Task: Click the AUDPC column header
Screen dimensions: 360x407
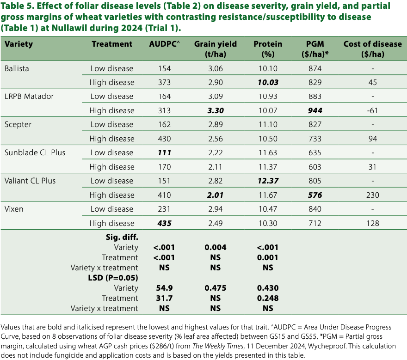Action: [164, 44]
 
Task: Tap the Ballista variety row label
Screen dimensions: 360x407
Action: [17, 68]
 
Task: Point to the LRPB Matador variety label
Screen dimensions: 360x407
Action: [29, 97]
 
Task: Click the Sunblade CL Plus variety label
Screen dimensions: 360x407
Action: [35, 153]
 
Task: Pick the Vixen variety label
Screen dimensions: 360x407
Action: [14, 209]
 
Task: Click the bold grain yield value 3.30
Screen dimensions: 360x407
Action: [215, 110]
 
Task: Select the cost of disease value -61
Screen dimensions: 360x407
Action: [372, 110]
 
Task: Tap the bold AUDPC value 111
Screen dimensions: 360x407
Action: [164, 153]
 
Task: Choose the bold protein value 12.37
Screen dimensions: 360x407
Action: [268, 181]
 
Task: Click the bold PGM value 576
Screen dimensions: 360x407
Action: [314, 195]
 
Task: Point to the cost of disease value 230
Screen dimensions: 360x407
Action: [372, 195]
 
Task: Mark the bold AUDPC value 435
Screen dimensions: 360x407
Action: [164, 223]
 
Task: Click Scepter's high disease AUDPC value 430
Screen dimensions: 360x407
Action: [164, 139]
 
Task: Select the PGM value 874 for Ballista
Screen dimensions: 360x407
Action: [314, 68]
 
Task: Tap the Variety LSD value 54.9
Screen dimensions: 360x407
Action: [164, 288]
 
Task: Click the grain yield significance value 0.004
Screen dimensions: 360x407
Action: [215, 247]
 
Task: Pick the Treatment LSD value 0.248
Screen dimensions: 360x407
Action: [268, 298]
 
